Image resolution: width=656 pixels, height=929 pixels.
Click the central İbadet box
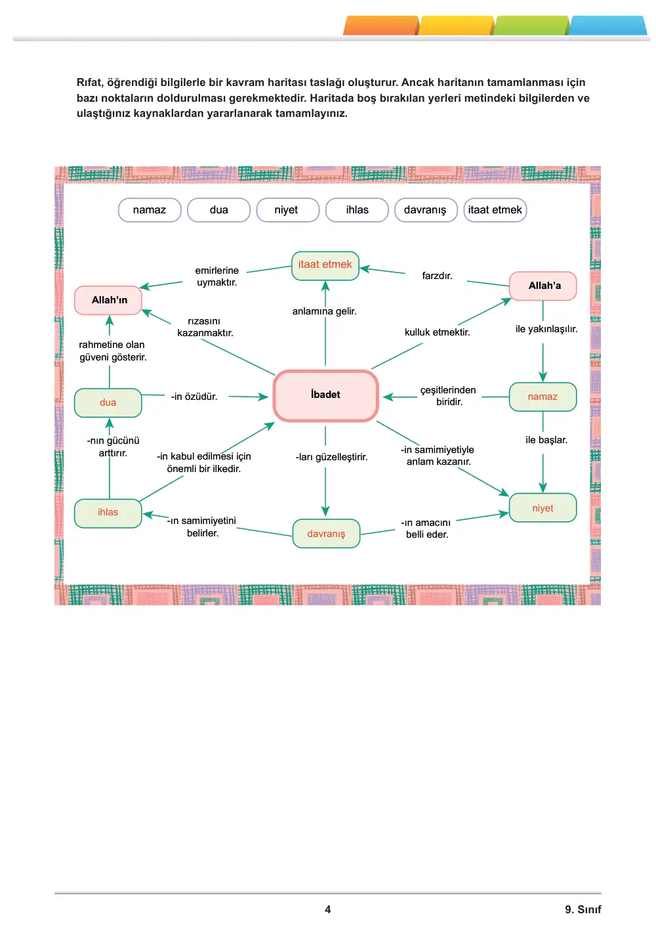[325, 395]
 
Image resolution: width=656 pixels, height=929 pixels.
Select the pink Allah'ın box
[108, 300]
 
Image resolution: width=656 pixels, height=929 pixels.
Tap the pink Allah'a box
[543, 286]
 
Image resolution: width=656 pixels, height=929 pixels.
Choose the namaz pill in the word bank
[150, 210]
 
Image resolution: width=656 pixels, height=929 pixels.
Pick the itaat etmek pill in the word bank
[495, 210]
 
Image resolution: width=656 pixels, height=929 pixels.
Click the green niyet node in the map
[543, 508]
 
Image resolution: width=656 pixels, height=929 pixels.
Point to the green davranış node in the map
[326, 533]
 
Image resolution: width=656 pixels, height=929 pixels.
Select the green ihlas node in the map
[108, 513]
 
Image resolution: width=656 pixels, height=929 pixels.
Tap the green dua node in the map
[108, 402]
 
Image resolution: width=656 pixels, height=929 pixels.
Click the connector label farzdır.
[437, 276]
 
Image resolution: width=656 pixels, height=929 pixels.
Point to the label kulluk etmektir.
[437, 332]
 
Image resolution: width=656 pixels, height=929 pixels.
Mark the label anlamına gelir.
[324, 311]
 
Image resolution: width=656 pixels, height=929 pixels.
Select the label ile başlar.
[546, 440]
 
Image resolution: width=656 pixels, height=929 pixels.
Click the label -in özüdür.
[194, 397]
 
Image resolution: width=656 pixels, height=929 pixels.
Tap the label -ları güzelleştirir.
[331, 457]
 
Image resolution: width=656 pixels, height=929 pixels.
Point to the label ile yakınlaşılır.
[546, 329]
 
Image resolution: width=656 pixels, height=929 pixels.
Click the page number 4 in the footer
[328, 909]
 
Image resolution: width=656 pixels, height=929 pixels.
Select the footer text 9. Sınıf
[583, 909]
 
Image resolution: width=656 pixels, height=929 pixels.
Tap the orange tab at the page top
[381, 26]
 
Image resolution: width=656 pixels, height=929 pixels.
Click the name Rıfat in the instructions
[89, 83]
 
